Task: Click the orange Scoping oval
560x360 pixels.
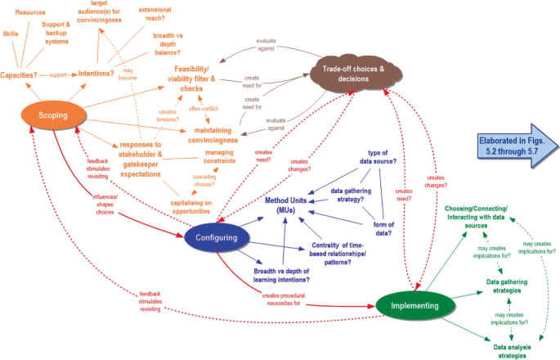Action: (42, 116)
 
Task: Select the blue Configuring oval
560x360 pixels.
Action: (215, 238)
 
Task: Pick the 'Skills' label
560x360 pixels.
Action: (11, 34)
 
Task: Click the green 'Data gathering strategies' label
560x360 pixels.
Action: (507, 286)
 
